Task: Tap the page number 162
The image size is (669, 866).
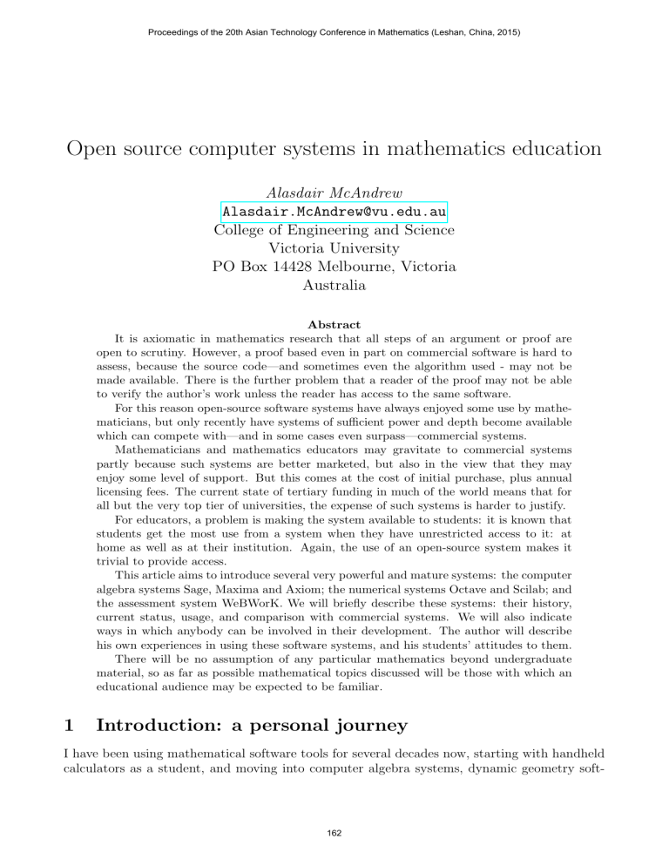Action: pos(334,833)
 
